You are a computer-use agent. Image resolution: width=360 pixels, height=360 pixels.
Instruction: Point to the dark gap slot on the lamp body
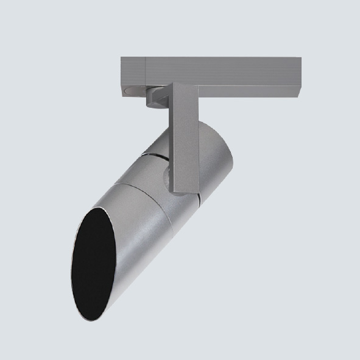[x=158, y=157]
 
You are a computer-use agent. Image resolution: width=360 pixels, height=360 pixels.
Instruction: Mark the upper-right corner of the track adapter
[x=300, y=58]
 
